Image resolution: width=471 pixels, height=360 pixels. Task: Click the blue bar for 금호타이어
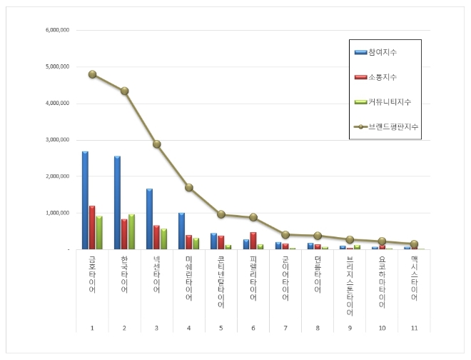pos(85,201)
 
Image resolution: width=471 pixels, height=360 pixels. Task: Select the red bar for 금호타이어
pos(92,228)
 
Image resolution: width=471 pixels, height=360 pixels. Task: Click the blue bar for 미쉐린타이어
pos(182,231)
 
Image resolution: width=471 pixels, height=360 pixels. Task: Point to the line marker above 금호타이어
pos(93,74)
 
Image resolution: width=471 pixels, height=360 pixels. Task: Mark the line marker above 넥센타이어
pos(157,144)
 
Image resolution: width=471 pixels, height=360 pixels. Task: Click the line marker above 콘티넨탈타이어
pos(221,214)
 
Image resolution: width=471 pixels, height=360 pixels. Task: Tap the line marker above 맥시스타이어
pos(415,244)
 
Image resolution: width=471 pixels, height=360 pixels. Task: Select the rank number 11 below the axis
pos(415,327)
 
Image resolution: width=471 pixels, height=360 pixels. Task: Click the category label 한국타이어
pos(125,274)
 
